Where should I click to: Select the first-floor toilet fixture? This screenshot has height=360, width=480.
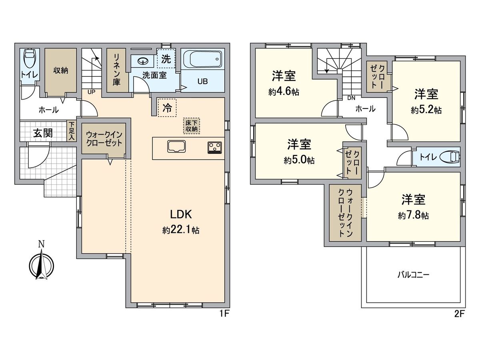tap(29, 59)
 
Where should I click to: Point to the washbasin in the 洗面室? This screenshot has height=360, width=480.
tap(143, 61)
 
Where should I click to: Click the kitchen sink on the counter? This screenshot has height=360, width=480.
tap(176, 146)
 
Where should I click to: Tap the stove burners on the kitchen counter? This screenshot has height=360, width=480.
tap(214, 147)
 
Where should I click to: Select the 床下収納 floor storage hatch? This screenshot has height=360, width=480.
tap(191, 126)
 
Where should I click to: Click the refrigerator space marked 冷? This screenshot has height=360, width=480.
tap(167, 107)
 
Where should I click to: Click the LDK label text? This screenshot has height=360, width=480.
tap(181, 215)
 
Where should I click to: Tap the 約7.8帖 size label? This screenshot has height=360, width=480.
tap(413, 216)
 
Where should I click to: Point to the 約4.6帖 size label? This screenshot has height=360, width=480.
tap(283, 92)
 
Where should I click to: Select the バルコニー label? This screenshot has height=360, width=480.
tap(413, 275)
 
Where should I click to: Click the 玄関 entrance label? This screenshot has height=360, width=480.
tap(42, 133)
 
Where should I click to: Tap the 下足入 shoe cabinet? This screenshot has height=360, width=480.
tap(71, 131)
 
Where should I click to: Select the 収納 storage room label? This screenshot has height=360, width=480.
tap(60, 70)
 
